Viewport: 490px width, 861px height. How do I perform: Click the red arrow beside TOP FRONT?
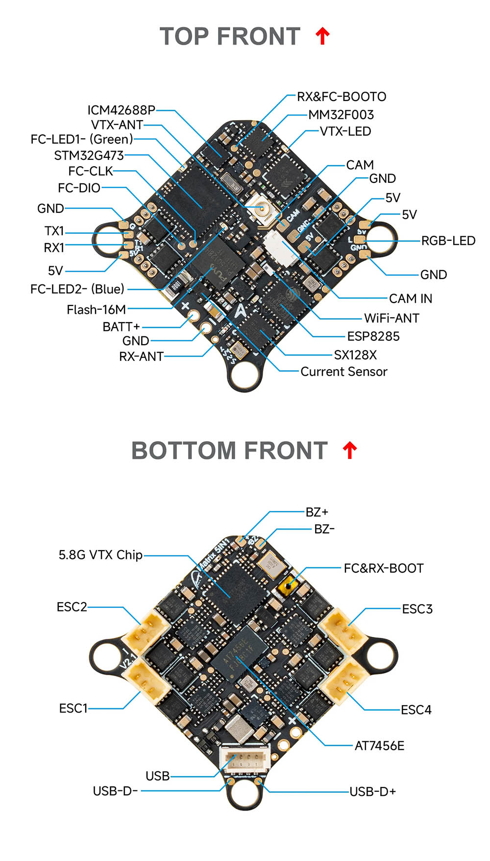pos(322,36)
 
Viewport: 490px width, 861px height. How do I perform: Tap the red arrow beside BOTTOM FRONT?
pos(349,450)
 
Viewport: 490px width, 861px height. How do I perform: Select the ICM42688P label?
pos(121,110)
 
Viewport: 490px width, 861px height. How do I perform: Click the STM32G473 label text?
pos(89,155)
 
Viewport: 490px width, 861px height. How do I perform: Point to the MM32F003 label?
pos(341,115)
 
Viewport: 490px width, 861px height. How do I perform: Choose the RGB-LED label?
pos(448,241)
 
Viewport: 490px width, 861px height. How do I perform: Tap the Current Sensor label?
pos(343,372)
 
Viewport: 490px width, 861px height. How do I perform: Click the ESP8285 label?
pos(373,336)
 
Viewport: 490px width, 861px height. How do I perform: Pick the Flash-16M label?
pos(96,309)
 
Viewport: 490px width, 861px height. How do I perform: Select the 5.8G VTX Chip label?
pos(100,555)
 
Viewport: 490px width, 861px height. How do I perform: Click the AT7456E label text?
pos(379,746)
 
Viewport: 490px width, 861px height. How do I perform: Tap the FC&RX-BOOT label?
pos(383,568)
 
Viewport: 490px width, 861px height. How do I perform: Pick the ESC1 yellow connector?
pos(146,680)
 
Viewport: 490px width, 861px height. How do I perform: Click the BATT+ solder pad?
pos(195,316)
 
